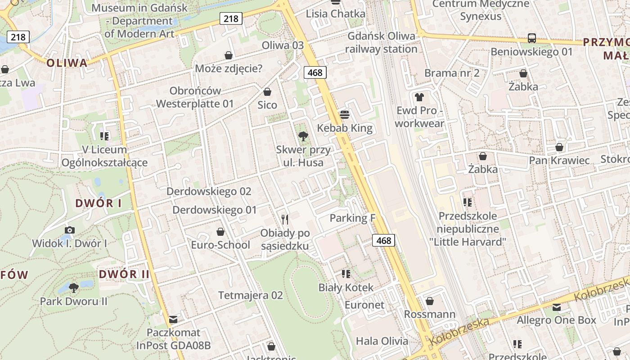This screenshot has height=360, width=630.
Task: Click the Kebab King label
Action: [x=345, y=128]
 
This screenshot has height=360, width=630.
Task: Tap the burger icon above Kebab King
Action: [x=345, y=115]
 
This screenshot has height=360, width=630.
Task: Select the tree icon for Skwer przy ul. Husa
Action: [x=303, y=136]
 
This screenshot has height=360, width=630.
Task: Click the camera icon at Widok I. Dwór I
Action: [x=70, y=230]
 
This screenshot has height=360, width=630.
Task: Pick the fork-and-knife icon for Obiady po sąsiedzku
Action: [x=284, y=220]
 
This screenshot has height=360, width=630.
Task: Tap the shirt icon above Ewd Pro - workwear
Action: [x=419, y=97]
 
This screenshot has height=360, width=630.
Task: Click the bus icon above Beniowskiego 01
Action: [x=531, y=38]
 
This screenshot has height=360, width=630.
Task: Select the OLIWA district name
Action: [x=67, y=63]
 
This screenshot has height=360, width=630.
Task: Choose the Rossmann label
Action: [x=430, y=314]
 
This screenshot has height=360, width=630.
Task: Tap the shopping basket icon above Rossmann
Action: [x=430, y=301]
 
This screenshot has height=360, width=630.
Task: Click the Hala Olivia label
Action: [x=382, y=341]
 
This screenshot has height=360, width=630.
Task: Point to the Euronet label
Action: [x=364, y=305]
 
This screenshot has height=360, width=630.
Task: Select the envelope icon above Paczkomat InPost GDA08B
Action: [x=173, y=320]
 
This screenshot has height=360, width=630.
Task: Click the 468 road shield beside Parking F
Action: [x=384, y=241]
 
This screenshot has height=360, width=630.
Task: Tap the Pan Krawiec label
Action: [x=559, y=161]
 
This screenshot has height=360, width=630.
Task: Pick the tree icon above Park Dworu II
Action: [x=74, y=287]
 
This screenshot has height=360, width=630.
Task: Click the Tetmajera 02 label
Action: [x=251, y=296]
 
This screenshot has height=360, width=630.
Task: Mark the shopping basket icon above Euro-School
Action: [x=220, y=232]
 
